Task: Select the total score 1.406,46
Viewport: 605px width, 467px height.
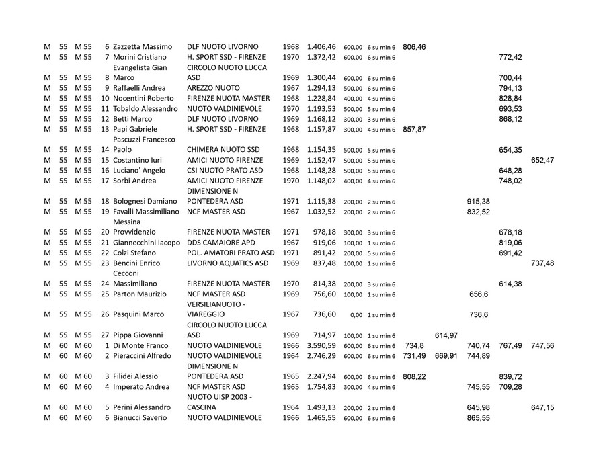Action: pos(321,47)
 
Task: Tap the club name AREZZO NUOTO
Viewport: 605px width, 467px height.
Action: pos(212,88)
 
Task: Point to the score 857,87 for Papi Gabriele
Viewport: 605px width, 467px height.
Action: pos(414,129)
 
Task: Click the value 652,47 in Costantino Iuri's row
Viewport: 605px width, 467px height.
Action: pos(542,160)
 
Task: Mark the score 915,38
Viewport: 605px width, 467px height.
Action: pos(478,201)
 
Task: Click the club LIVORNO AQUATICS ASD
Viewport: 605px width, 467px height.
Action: pos(227,263)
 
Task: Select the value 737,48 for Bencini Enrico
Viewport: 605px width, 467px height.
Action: pos(542,263)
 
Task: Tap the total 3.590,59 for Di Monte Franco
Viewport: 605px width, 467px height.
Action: pos(321,345)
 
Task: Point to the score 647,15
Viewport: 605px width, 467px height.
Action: pos(542,407)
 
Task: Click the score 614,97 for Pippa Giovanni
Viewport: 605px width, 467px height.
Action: pos(446,335)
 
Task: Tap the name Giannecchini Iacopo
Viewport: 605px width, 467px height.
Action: pos(147,243)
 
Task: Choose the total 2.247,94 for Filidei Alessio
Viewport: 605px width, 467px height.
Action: pos(321,376)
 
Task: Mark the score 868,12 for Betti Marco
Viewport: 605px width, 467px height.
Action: pos(510,119)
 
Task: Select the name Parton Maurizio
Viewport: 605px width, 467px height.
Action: pos(143,294)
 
